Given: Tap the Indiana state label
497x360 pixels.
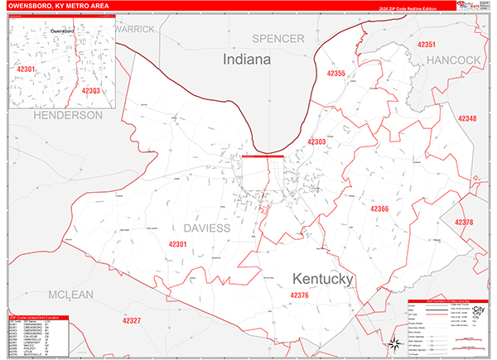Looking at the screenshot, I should click(246, 60).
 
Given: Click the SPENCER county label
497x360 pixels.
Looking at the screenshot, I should click(278, 39).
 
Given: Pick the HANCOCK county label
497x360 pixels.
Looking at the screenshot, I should click(454, 60).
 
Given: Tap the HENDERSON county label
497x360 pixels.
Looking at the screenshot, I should click(68, 115).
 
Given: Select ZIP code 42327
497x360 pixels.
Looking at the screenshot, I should click(126, 320).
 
